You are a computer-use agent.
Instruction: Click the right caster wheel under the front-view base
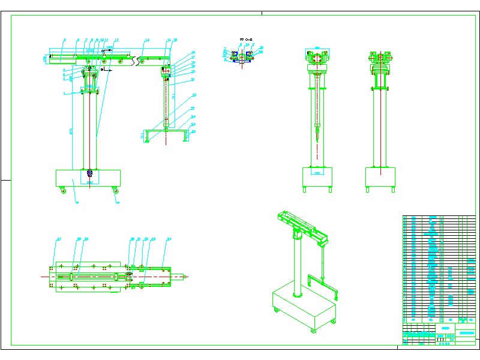(x=115, y=191)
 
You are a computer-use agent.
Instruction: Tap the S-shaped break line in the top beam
(x=140, y=59)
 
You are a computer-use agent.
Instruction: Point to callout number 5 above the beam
(x=65, y=40)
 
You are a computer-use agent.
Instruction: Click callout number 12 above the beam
(x=116, y=40)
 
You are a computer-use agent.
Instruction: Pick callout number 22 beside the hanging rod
(x=194, y=95)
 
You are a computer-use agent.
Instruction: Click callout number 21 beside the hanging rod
(x=193, y=79)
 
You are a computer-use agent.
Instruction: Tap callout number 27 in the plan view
(x=59, y=239)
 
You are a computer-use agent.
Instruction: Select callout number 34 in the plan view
(x=169, y=239)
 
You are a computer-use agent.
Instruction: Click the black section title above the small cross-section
(x=245, y=38)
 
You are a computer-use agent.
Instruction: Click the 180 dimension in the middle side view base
(x=317, y=173)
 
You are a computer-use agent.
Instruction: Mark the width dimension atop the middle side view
(x=317, y=50)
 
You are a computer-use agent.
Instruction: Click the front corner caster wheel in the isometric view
(x=312, y=331)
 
